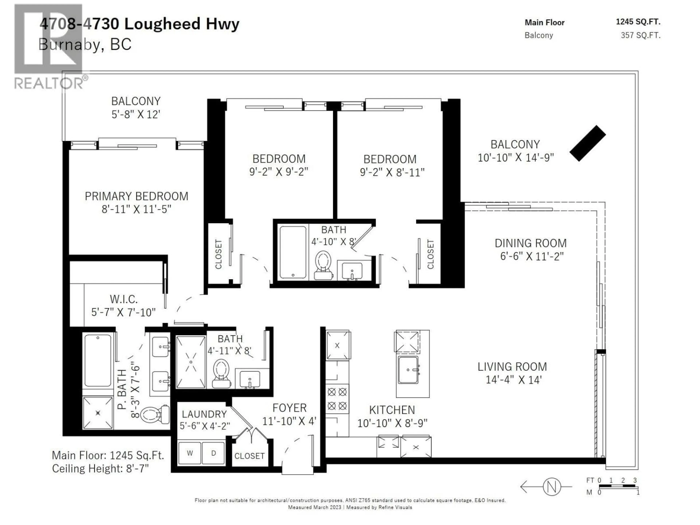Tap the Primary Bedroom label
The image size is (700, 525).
[x=136, y=196]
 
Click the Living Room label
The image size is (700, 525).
[x=512, y=366]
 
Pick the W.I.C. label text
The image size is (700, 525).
[x=123, y=299]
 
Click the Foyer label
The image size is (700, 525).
[x=289, y=408]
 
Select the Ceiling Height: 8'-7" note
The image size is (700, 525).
[x=100, y=468]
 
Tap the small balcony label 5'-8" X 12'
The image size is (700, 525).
[x=136, y=114]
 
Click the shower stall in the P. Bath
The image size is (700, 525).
[x=98, y=413]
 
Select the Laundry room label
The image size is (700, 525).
[x=204, y=414]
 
